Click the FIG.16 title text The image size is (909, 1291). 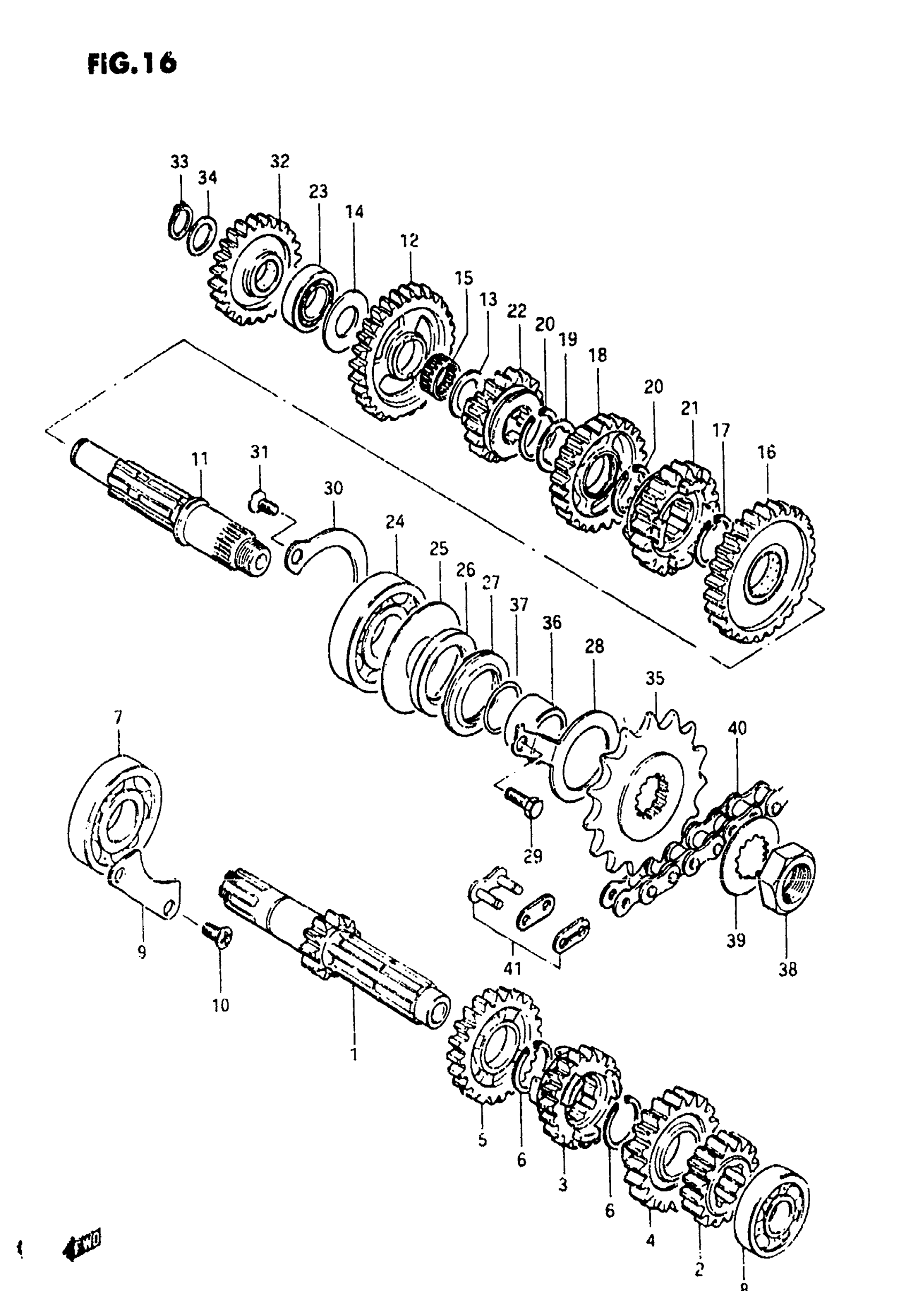[132, 63]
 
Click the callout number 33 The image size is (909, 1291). [180, 162]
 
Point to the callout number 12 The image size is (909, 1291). [410, 241]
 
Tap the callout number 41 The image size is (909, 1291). [512, 968]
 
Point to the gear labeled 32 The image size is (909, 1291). [254, 270]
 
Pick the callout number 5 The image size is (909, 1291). [483, 1141]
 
